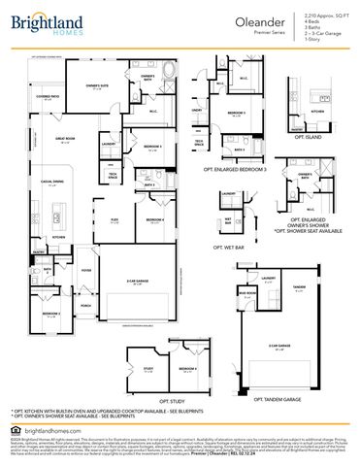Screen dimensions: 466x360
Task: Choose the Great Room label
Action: [x=68, y=140]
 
